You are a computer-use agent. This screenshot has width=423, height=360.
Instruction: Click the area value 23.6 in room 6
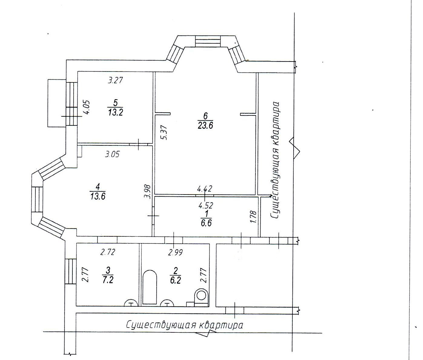[205, 125]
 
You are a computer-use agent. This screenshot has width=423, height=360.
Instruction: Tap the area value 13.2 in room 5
[115, 112]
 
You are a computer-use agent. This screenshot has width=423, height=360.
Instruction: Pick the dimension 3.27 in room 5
[115, 80]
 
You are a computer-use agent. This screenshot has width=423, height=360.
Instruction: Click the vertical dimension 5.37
[164, 132]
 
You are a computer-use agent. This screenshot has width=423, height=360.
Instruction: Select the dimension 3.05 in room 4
[112, 154]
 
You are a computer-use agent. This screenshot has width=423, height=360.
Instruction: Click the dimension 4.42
[205, 188]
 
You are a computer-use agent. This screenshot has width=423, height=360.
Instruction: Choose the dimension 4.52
[206, 205]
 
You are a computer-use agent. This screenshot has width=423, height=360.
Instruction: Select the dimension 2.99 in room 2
[175, 253]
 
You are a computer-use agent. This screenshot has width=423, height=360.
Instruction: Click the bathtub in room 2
[150, 287]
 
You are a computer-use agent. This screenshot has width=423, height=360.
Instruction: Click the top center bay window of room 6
[208, 42]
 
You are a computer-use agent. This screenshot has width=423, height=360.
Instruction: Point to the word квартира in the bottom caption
[221, 325]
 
